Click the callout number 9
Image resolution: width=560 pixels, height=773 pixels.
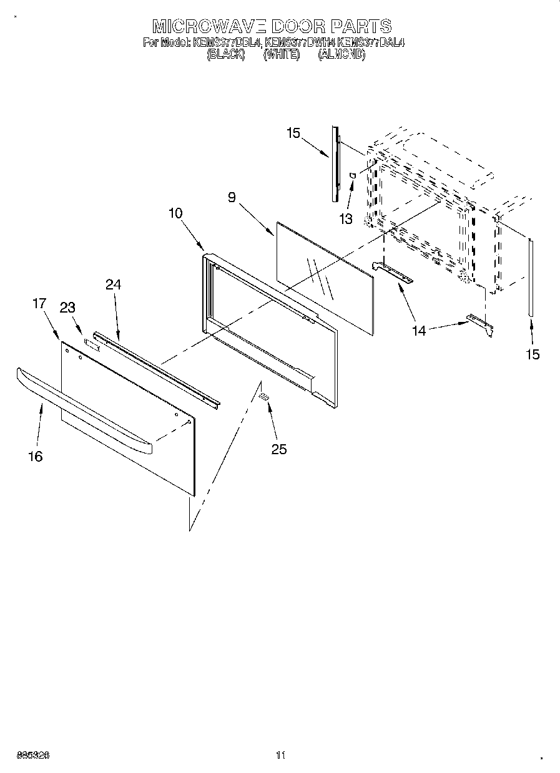(232, 198)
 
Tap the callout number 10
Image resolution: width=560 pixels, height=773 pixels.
(175, 213)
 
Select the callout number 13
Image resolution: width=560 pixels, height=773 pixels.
(345, 219)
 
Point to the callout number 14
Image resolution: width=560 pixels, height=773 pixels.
(419, 331)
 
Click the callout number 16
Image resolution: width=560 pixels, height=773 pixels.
(36, 456)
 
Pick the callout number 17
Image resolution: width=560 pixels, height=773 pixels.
(39, 304)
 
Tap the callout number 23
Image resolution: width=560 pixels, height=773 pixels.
(67, 307)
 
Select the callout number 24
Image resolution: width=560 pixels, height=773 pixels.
(113, 284)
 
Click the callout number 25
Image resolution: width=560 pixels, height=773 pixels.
(279, 449)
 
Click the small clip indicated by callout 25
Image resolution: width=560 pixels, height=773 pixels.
(264, 396)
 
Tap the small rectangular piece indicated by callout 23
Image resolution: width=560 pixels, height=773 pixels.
(93, 343)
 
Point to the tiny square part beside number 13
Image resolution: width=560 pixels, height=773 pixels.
(353, 175)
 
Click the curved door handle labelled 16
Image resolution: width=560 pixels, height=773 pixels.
(81, 409)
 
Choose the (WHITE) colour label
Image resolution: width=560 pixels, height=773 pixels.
(282, 54)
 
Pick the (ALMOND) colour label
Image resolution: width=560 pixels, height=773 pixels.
(341, 54)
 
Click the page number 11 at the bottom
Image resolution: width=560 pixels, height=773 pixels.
(280, 756)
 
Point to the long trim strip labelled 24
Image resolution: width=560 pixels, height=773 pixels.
(156, 368)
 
